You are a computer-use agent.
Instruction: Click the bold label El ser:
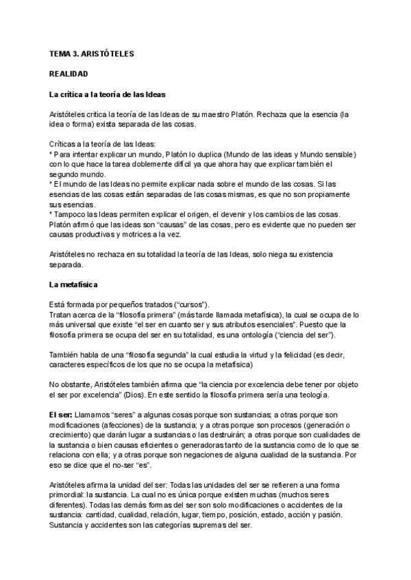pos(63,414)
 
